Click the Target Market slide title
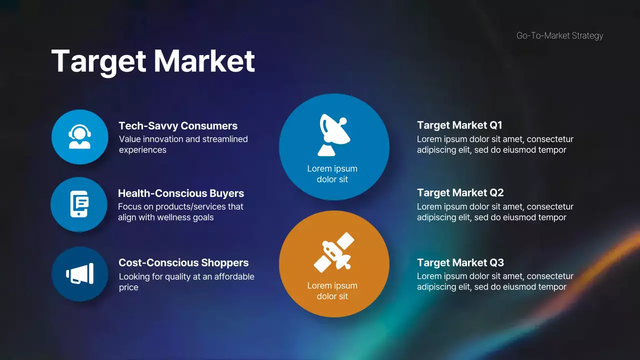coord(153,61)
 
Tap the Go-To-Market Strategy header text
coord(559,35)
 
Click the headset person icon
coord(80,137)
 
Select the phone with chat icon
coord(79,204)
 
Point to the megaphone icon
coord(80,274)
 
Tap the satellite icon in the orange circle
coord(333,254)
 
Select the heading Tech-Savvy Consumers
coord(178,126)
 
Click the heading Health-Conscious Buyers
coord(181,193)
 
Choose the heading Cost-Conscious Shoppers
coord(183,262)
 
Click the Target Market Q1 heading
coord(459,125)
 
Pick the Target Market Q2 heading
coord(460,192)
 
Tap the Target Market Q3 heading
coord(460,262)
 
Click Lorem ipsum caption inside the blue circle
coord(332,174)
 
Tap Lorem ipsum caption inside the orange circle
coord(332,291)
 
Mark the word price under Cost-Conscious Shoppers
coord(128,287)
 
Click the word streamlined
coord(223,139)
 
